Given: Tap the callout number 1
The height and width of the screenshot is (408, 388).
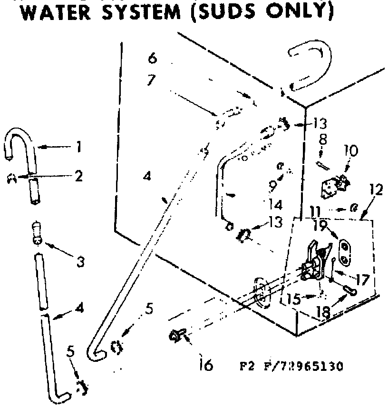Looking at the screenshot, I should pos(78,147).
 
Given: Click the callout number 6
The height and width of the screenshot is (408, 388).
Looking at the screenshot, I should pos(152,59).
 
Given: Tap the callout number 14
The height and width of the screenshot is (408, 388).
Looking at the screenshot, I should pos(275,205).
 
